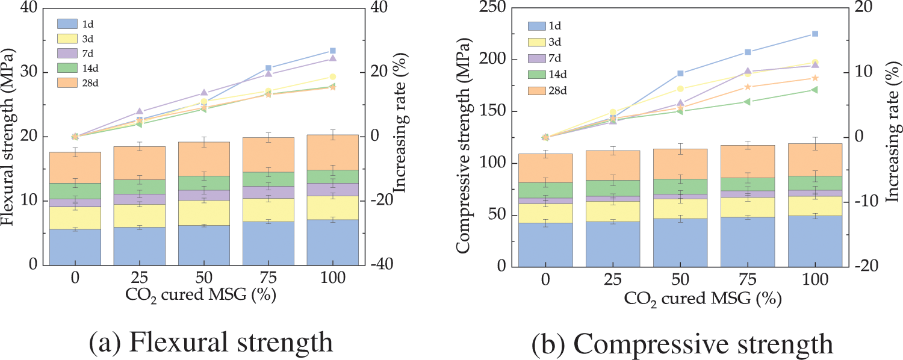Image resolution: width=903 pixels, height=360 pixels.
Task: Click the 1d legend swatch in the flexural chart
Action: coord(66,24)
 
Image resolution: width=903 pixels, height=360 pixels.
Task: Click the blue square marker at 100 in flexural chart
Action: coord(333,51)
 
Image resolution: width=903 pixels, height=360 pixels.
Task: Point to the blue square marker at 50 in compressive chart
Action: coord(680,73)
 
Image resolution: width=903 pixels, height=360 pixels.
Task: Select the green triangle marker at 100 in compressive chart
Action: coord(815,90)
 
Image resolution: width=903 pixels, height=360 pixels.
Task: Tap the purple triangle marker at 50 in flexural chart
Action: coord(204,93)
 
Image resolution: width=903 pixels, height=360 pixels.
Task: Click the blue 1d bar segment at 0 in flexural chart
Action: coord(75,247)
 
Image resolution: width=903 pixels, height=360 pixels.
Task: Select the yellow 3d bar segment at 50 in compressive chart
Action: coord(680,208)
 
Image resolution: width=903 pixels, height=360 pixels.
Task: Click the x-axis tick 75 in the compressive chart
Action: coord(748,279)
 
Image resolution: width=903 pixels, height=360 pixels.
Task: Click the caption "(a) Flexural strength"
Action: coord(211,343)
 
